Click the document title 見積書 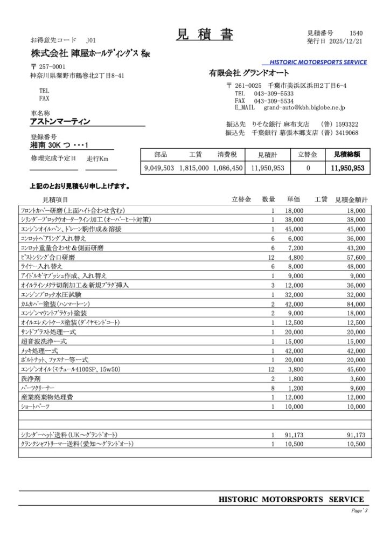tap(204, 34)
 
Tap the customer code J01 tap(90, 40)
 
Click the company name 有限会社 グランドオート tap(249, 73)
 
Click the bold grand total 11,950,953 tap(347, 168)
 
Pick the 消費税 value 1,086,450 tap(227, 168)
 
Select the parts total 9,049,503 tap(159, 168)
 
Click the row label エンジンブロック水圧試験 tap(51, 295)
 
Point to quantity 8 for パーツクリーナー tap(273, 388)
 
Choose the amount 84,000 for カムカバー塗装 tap(354, 304)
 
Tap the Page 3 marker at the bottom tap(358, 510)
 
